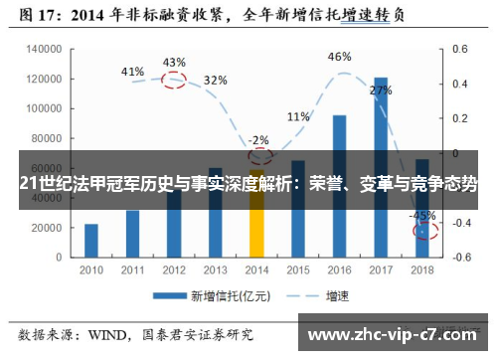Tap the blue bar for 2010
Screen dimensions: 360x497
pyautogui.click(x=91, y=240)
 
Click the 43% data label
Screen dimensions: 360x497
pyautogui.click(x=174, y=63)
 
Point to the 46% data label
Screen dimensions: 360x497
pyautogui.click(x=339, y=57)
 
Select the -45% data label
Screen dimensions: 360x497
pyautogui.click(x=422, y=215)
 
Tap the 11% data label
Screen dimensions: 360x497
pyautogui.click(x=297, y=117)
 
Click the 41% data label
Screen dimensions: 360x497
pyautogui.click(x=132, y=72)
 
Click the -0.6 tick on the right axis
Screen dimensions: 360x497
pyautogui.click(x=459, y=257)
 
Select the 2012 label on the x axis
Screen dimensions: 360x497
pyautogui.click(x=174, y=270)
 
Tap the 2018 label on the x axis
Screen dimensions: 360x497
pyautogui.click(x=422, y=270)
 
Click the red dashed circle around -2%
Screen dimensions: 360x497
pyautogui.click(x=260, y=156)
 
